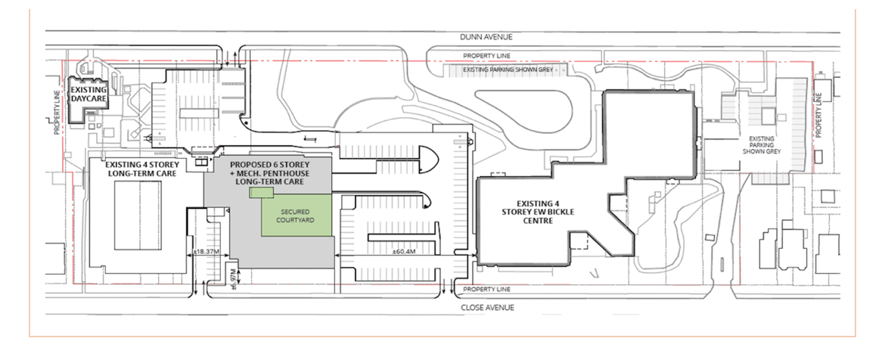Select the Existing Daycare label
click(89, 95)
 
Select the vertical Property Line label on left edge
click(57, 115)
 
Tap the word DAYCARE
click(89, 99)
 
